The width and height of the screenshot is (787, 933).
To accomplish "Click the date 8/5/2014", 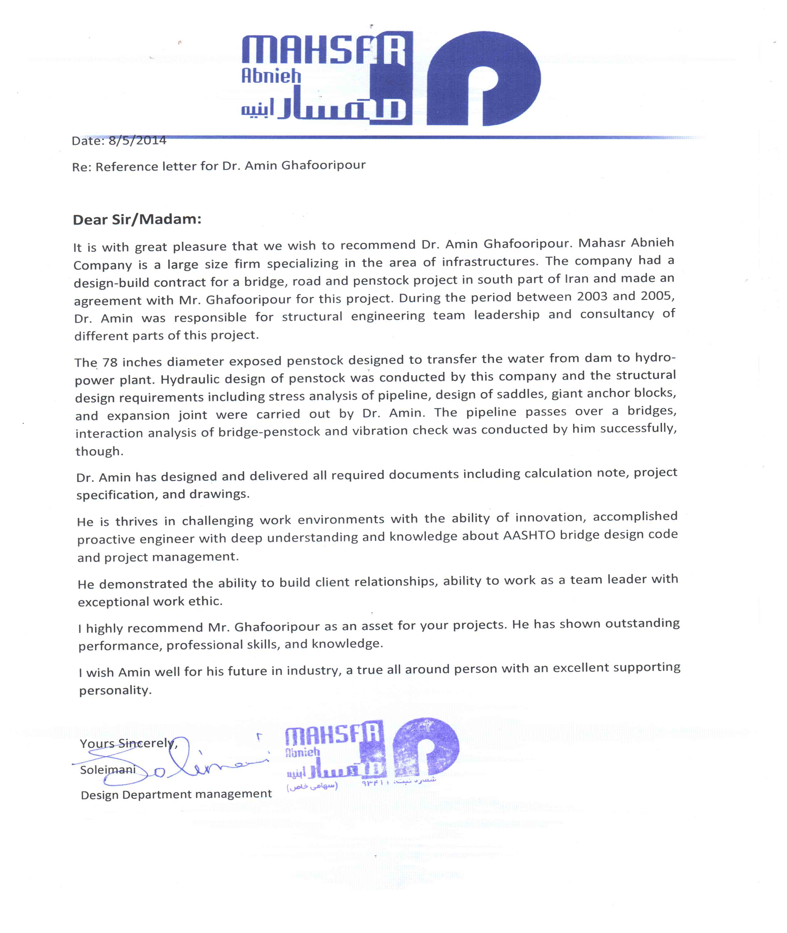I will click(137, 140).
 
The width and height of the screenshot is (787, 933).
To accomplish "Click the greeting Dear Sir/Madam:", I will click(137, 219).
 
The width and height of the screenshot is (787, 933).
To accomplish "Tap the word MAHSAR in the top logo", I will click(323, 50).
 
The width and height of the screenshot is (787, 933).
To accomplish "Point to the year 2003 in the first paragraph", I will click(592, 297).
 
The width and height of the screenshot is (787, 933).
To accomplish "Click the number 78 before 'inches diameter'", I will click(110, 362).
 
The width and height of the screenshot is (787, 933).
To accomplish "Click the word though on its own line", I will click(99, 451).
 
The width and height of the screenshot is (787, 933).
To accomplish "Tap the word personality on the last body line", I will click(115, 690).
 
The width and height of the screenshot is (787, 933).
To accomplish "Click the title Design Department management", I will click(176, 794).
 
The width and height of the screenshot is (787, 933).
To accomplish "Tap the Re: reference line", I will click(219, 166).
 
